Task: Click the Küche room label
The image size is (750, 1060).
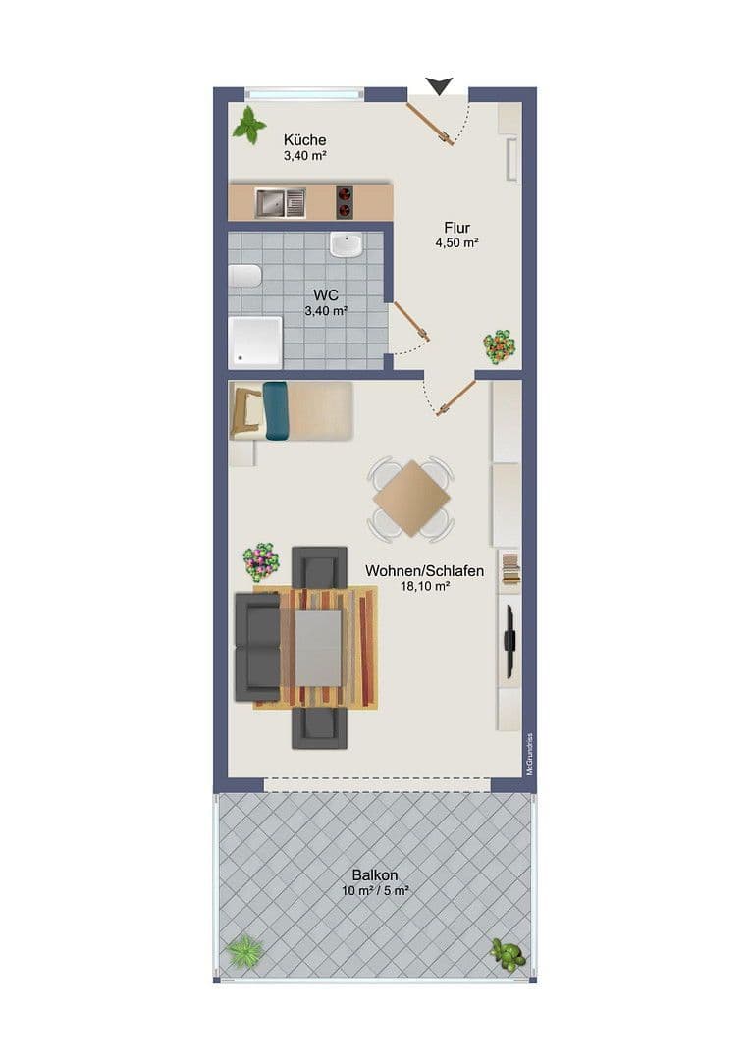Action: [x=304, y=140]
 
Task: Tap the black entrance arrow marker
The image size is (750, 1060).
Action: [x=439, y=86]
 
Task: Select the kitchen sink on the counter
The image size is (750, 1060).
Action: [x=281, y=203]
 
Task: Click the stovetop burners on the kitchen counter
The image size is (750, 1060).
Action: [x=345, y=202]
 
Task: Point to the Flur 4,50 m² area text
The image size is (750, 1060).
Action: [x=457, y=236]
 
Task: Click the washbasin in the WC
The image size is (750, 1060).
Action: [x=346, y=243]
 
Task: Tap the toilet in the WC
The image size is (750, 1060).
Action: [x=244, y=276]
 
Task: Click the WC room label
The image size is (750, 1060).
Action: [x=327, y=295]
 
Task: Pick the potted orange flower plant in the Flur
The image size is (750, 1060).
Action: [x=499, y=345]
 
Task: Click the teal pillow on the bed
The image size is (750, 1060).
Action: [x=275, y=409]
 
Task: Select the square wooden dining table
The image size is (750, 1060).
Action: [x=411, y=499]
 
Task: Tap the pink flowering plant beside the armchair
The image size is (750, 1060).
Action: [x=261, y=562]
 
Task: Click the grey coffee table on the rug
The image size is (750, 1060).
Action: [x=319, y=648]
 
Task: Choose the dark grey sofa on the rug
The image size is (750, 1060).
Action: [x=257, y=647]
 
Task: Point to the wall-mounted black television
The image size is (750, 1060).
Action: [x=509, y=641]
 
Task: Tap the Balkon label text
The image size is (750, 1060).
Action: [x=375, y=875]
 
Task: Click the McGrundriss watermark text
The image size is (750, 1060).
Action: [x=529, y=755]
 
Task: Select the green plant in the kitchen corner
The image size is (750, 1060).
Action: [x=249, y=125]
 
